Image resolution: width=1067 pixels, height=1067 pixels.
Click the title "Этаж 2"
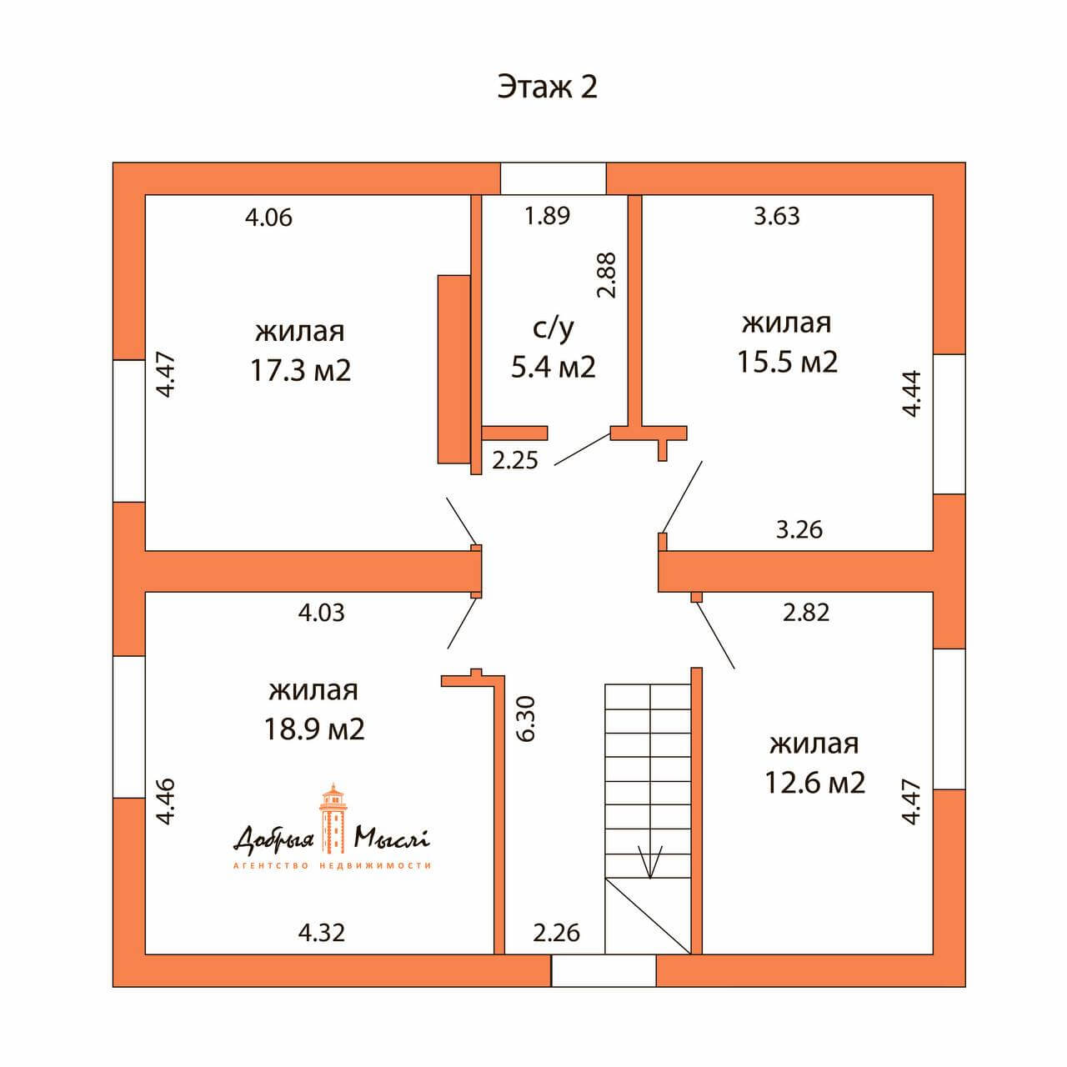[547, 88]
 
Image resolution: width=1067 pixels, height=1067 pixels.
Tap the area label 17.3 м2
[301, 370]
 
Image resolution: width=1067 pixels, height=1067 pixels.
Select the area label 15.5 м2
[787, 362]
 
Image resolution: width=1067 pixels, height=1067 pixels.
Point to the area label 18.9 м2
[314, 729]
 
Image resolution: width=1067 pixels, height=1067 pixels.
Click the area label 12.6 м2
[814, 783]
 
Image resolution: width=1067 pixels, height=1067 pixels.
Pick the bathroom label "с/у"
[554, 328]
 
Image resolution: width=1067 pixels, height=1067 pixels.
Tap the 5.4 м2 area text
[554, 366]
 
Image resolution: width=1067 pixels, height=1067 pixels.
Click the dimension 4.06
[268, 217]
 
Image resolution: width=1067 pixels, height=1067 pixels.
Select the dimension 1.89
[547, 215]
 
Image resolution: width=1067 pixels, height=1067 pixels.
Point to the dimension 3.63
[777, 216]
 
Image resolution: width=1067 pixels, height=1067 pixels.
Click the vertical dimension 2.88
[607, 275]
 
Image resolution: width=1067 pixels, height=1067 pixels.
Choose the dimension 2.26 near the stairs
[557, 933]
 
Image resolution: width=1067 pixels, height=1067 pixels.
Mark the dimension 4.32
[322, 933]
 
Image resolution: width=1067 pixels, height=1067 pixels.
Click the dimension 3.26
[799, 530]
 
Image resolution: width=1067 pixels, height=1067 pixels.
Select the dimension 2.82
[805, 613]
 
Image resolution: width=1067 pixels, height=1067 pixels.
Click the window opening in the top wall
[554, 178]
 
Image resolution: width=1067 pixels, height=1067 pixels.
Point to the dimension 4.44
[911, 393]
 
